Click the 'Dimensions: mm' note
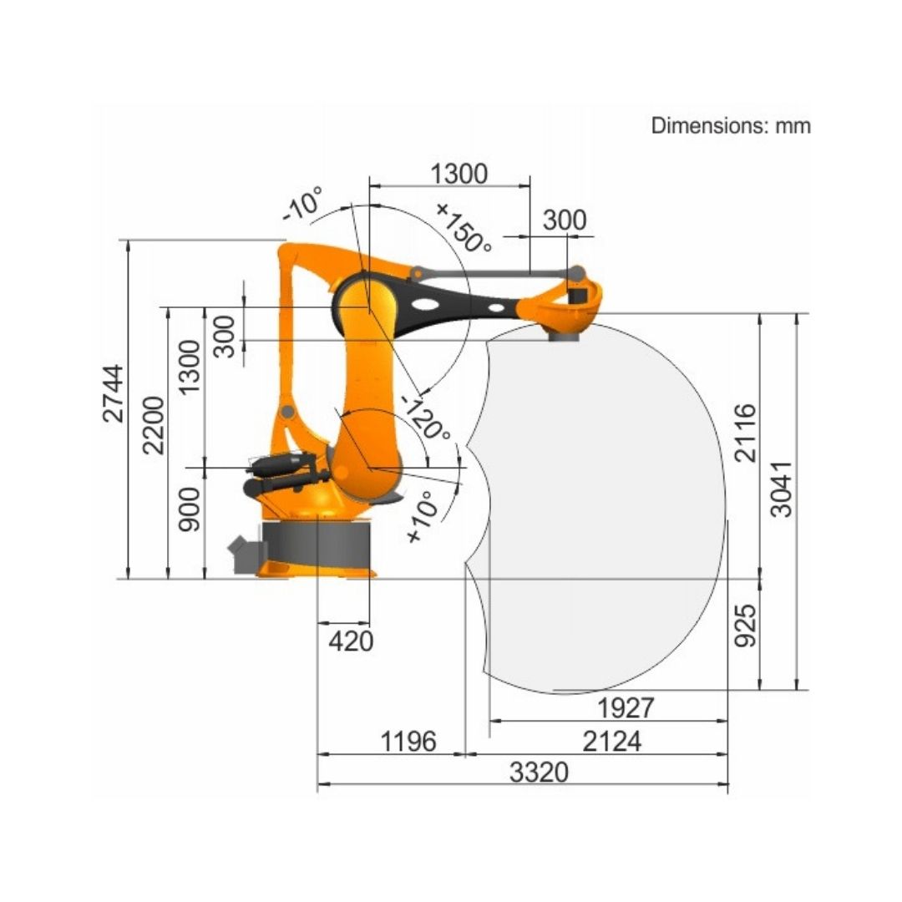[x=731, y=125]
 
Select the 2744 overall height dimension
[x=113, y=393]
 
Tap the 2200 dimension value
[x=154, y=425]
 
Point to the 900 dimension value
[x=190, y=509]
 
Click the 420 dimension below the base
[x=351, y=641]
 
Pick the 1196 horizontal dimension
[x=409, y=741]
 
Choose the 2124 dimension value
[x=611, y=741]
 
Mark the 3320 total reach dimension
[x=539, y=772]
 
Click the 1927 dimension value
[x=626, y=707]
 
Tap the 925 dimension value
[x=746, y=626]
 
